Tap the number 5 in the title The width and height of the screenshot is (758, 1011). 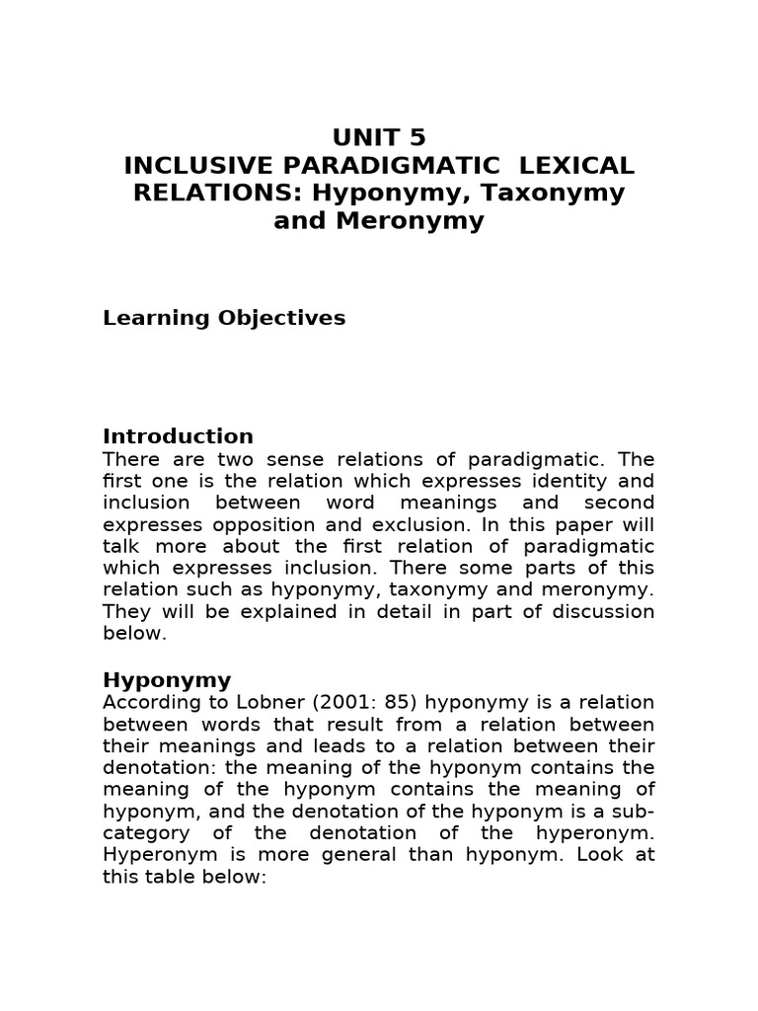(x=416, y=137)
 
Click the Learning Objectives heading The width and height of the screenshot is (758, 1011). (x=224, y=318)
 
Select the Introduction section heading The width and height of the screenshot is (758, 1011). (x=178, y=436)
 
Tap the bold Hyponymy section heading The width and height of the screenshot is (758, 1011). (x=167, y=680)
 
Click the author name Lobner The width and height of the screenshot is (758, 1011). (x=261, y=703)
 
